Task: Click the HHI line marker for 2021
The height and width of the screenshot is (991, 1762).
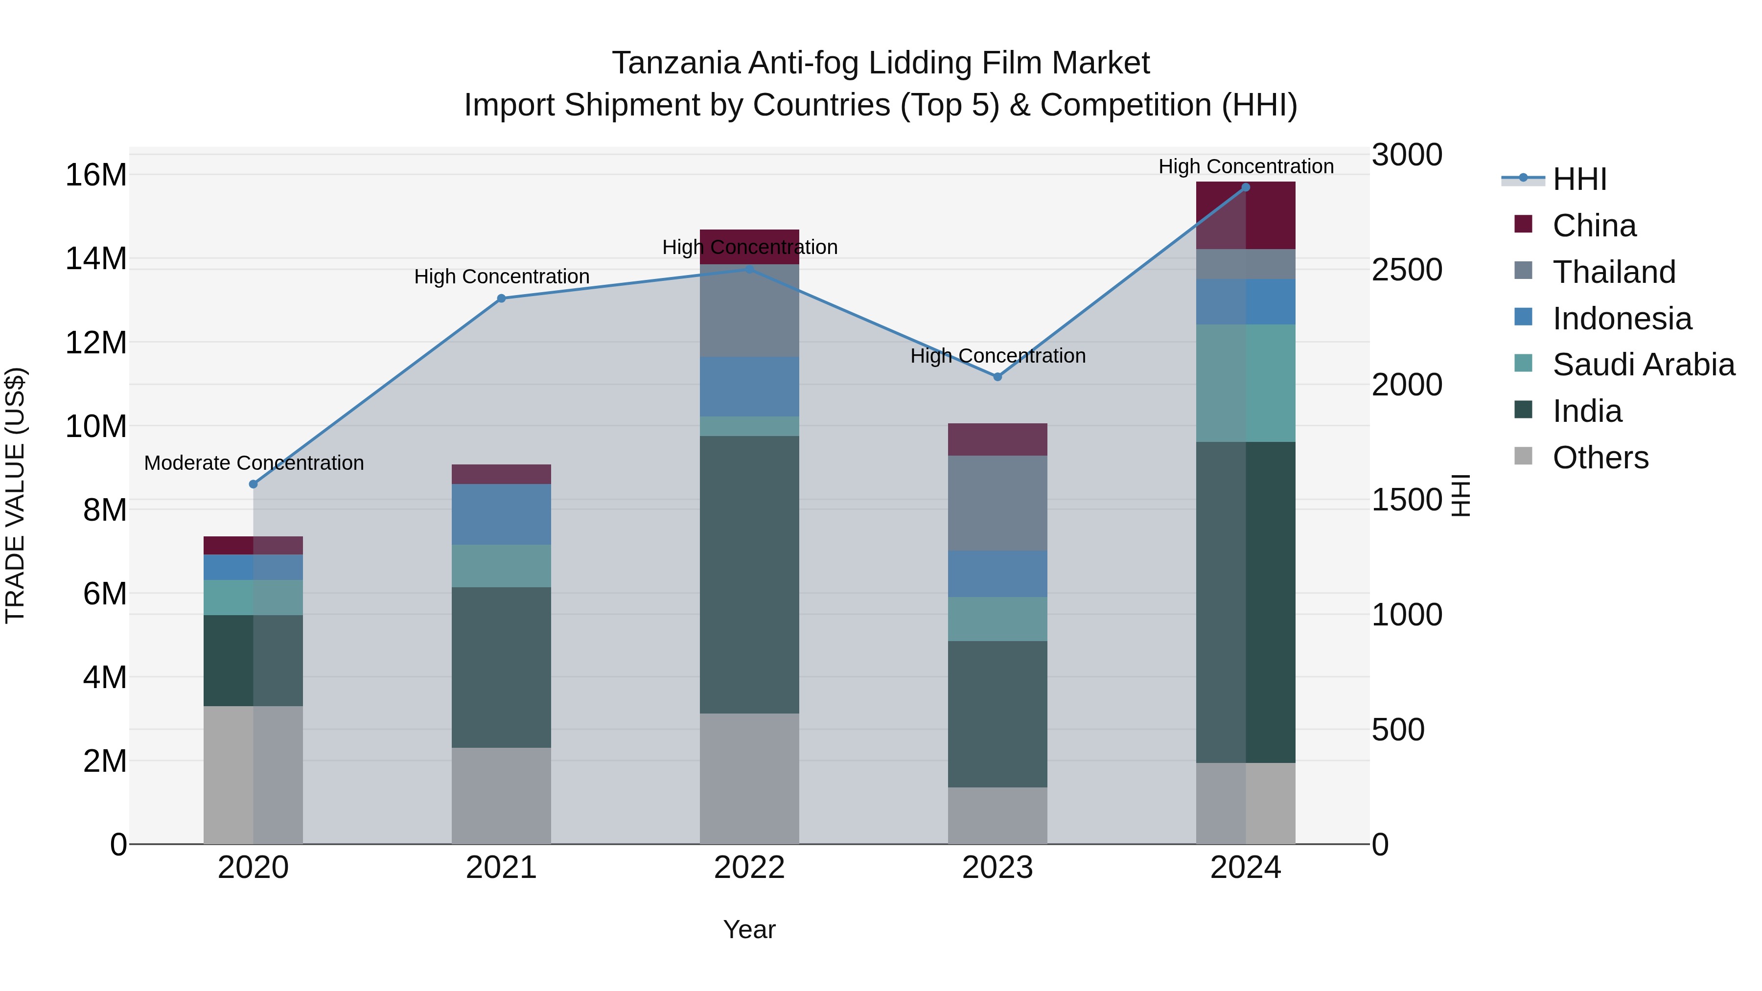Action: (501, 298)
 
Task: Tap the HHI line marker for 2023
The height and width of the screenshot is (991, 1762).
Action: (997, 377)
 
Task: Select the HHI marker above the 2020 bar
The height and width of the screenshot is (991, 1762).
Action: (253, 484)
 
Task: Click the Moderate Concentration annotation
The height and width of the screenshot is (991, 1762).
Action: (254, 463)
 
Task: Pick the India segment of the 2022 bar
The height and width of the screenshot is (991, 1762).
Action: (749, 575)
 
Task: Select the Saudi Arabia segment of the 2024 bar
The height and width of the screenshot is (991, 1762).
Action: (1246, 383)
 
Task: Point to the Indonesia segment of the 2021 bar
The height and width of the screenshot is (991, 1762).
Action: (501, 514)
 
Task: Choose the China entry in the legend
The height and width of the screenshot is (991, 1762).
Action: (1594, 226)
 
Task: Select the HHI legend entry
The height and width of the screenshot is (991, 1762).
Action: (1578, 179)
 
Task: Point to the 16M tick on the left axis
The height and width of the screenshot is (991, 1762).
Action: (96, 175)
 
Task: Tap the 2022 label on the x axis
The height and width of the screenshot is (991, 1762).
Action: (749, 868)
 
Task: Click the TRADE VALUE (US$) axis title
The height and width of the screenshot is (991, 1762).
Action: (15, 495)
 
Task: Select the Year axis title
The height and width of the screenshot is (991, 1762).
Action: (749, 929)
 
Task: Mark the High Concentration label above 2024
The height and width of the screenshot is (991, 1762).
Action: (1246, 166)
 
